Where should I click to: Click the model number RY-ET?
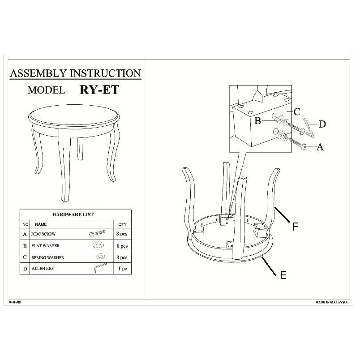[x=99, y=90]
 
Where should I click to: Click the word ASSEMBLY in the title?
[x=38, y=73]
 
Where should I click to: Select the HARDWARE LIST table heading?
[x=73, y=214]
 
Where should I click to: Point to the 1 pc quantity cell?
[x=123, y=268]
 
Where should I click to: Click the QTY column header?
[x=122, y=224]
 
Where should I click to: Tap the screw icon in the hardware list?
[x=97, y=233]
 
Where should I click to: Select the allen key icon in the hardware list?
[x=100, y=268]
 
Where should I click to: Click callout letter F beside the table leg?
[x=295, y=227]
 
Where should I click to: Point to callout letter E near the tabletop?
[x=283, y=275]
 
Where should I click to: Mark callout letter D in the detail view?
[x=322, y=124]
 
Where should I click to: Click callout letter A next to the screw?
[x=320, y=147]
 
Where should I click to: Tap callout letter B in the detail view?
[x=258, y=121]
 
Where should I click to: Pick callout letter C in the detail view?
[x=297, y=112]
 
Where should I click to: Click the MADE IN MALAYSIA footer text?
[x=331, y=302]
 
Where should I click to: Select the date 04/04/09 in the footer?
[x=15, y=302]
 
